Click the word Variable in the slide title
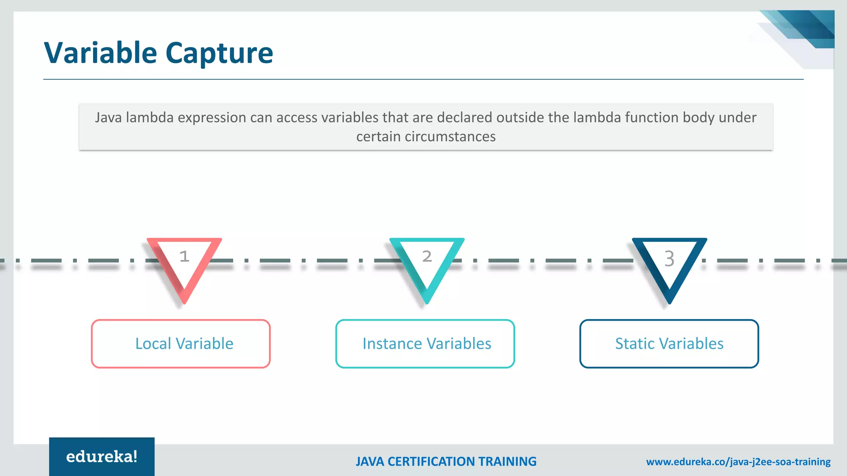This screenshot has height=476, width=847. [100, 53]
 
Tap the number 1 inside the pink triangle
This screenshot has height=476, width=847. [184, 257]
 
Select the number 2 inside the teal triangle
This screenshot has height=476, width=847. [427, 257]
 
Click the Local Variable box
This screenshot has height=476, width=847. [181, 344]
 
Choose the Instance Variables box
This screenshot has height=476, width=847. [425, 344]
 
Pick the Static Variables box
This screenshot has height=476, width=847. [669, 344]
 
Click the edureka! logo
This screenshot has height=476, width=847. [102, 457]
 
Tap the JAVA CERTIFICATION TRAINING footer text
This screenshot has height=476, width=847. [446, 462]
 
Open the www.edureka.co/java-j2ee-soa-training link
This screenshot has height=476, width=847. [738, 462]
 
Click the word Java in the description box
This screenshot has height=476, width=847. [108, 118]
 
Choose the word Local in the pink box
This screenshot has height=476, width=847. [153, 344]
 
